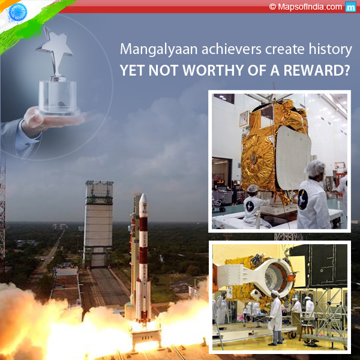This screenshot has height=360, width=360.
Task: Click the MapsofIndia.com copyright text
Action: click(305, 7)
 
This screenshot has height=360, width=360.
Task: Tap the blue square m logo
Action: click(350, 7)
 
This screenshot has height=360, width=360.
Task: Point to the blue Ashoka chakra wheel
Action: click(17, 12)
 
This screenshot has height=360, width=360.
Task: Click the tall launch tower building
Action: click(98, 224)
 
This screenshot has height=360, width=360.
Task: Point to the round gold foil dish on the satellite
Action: click(257, 161)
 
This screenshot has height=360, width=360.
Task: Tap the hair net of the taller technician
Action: click(315, 168)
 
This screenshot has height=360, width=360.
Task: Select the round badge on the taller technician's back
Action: click(303, 199)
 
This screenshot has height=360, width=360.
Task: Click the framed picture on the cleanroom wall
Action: click(244, 118)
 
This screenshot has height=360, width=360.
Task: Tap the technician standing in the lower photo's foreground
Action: click(275, 317)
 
